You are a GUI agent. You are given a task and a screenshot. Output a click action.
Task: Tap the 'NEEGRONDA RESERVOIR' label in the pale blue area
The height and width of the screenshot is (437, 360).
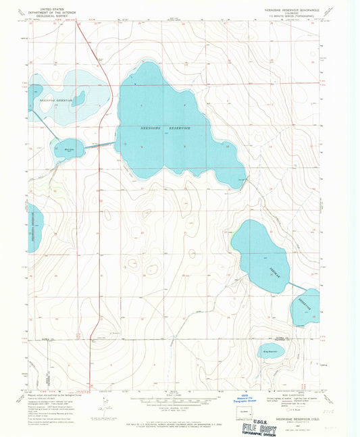[x=54, y=99]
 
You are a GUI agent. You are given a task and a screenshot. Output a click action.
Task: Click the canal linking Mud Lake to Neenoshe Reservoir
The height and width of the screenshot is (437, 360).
[x=99, y=145]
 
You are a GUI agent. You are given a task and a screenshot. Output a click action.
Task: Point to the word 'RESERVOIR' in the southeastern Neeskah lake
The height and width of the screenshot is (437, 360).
[x=308, y=307]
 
